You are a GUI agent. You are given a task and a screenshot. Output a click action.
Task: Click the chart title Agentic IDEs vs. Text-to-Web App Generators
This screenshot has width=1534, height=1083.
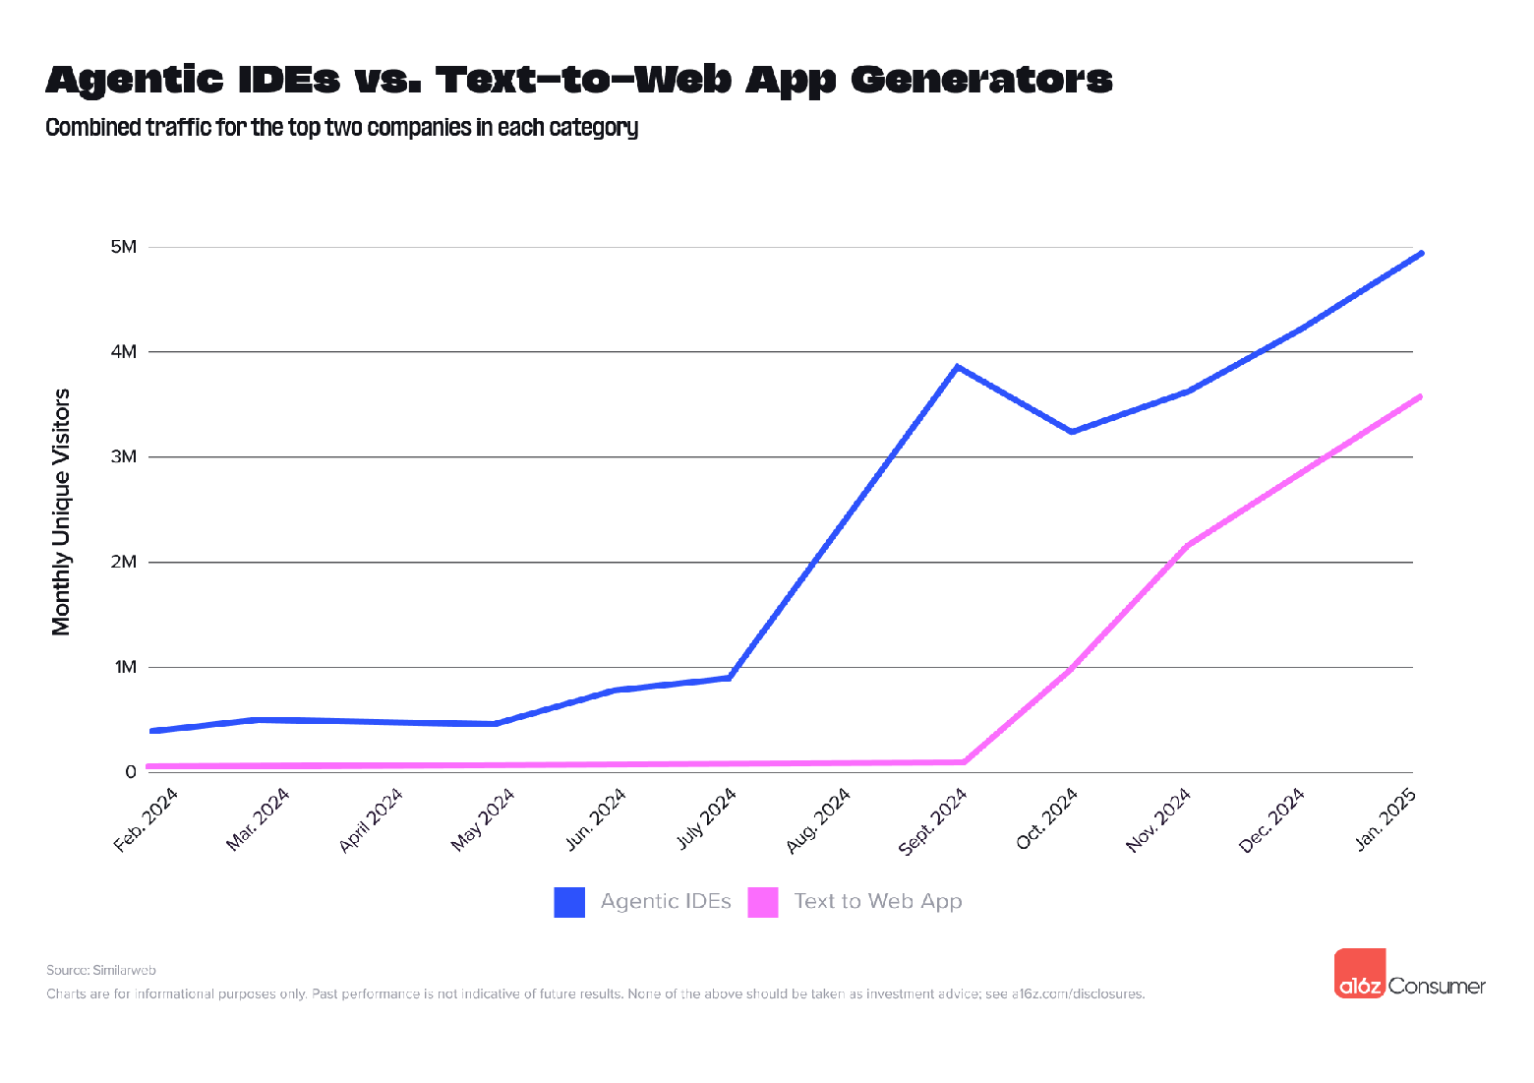[x=578, y=80]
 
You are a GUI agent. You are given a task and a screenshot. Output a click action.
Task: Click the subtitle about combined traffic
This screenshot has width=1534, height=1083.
[x=342, y=128]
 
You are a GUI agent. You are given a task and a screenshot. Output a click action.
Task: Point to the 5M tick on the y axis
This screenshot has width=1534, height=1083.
[x=123, y=246]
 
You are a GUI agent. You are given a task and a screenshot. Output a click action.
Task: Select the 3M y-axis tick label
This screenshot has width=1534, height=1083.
[x=123, y=456]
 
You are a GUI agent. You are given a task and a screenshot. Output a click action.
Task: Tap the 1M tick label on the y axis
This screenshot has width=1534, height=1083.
[x=125, y=667]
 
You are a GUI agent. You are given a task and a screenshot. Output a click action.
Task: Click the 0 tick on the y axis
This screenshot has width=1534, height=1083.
[x=130, y=772]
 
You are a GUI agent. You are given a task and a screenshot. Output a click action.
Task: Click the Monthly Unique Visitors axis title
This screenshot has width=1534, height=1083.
[x=62, y=511]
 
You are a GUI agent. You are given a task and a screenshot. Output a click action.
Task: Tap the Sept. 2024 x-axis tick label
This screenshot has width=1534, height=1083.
[x=933, y=820]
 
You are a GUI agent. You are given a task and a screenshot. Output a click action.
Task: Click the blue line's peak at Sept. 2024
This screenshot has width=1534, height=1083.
[x=957, y=367]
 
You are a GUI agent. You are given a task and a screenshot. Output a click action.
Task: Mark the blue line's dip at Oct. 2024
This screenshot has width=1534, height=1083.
[x=1071, y=432]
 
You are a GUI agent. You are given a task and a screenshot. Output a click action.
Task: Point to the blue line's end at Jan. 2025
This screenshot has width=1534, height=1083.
[x=1421, y=254]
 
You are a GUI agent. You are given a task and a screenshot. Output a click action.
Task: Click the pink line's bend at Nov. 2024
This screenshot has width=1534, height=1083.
[x=1189, y=545]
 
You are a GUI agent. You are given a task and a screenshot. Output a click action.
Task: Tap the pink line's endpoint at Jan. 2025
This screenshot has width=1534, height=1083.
[x=1421, y=396]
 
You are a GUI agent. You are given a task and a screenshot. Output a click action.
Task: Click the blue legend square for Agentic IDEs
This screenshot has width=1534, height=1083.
[x=569, y=902]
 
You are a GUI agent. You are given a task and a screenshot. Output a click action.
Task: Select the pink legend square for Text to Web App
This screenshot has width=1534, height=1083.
[x=763, y=902]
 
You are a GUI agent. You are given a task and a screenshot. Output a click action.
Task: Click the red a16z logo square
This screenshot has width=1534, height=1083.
[x=1360, y=974]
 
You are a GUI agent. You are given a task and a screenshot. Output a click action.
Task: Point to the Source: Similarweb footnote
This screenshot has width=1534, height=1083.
[x=101, y=970]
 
